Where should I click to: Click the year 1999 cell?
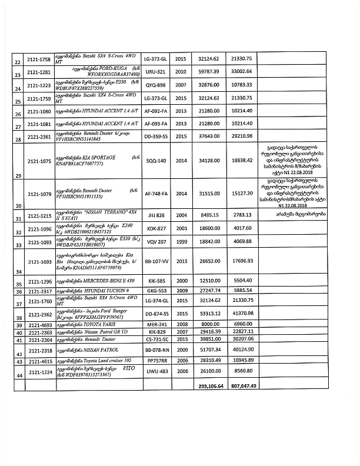pyautogui.click(x=181, y=241)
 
